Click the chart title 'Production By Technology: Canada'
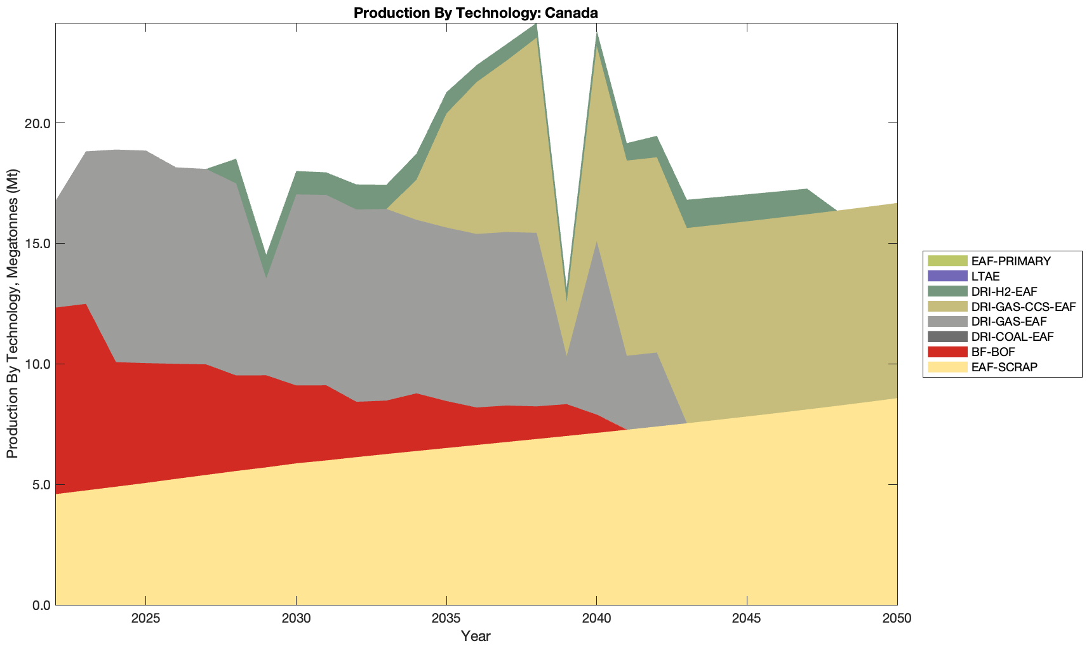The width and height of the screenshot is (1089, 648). (476, 13)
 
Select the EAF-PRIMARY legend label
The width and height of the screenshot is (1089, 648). (1011, 261)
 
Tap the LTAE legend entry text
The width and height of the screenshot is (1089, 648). (985, 276)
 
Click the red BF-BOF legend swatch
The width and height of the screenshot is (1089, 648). (947, 352)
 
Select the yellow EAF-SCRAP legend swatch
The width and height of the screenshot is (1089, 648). (947, 367)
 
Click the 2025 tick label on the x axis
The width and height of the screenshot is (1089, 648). (146, 619)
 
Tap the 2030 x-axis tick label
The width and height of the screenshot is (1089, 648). (296, 619)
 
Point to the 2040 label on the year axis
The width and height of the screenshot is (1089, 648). (596, 619)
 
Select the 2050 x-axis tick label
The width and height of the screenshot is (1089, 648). (897, 619)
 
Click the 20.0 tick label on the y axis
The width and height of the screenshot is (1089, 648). (39, 123)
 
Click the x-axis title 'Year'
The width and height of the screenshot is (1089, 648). (476, 636)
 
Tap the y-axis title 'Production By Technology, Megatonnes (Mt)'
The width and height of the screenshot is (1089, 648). (12, 314)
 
